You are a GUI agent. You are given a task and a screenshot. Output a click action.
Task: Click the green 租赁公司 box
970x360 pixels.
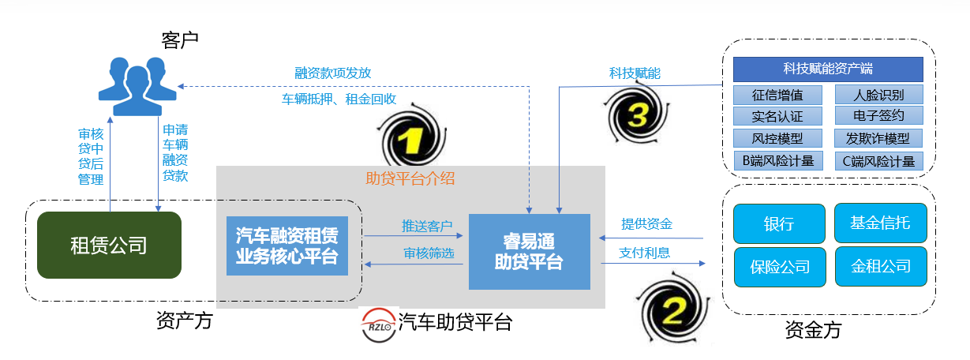pos(109,245)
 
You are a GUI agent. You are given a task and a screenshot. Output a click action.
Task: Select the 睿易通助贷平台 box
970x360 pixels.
pos(529,251)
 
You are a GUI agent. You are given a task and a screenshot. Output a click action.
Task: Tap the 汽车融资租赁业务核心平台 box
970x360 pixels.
pos(287,246)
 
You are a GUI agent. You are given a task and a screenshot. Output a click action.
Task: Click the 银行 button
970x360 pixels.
pos(779,224)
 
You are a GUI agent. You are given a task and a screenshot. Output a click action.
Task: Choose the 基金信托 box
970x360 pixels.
pos(880,223)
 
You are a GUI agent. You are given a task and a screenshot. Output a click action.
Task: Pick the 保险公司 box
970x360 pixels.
pos(779,267)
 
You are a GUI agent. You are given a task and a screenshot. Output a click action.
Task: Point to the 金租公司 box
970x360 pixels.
pos(880,267)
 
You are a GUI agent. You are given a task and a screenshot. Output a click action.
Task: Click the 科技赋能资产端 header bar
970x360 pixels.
pos(827,69)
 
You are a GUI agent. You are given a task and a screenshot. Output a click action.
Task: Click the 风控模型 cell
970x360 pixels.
pos(778,139)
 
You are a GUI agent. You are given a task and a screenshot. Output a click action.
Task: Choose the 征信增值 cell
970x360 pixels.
pos(778,96)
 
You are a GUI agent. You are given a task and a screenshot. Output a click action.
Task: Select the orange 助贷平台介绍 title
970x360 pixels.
pos(410,178)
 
